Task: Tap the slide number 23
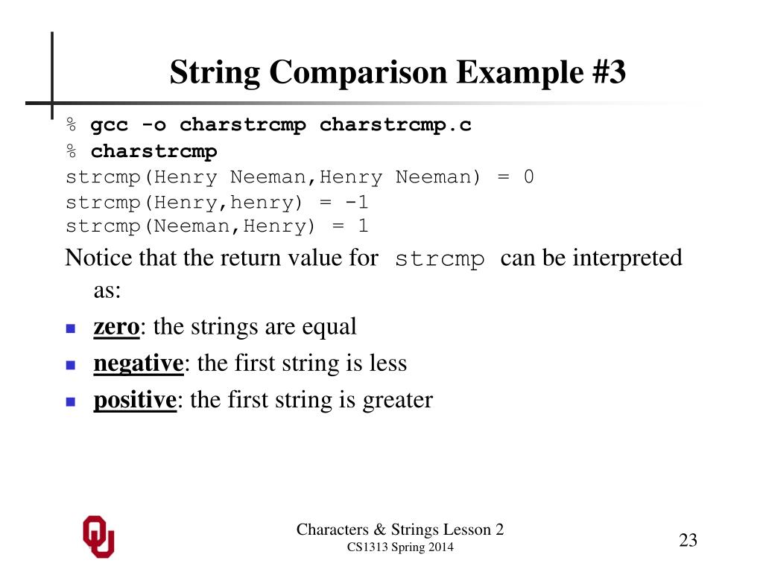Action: pyautogui.click(x=688, y=541)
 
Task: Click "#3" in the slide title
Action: pyautogui.click(x=605, y=73)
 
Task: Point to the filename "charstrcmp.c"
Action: pyautogui.click(x=396, y=125)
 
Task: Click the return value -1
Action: pyautogui.click(x=354, y=202)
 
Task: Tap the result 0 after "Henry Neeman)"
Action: pyautogui.click(x=528, y=177)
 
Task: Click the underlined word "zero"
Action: pyautogui.click(x=116, y=326)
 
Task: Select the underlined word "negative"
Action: pyautogui.click(x=139, y=363)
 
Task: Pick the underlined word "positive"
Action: pyautogui.click(x=134, y=400)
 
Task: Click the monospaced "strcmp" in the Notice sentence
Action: pyautogui.click(x=440, y=259)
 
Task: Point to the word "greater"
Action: pyautogui.click(x=397, y=400)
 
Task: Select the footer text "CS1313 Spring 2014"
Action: pyautogui.click(x=400, y=548)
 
